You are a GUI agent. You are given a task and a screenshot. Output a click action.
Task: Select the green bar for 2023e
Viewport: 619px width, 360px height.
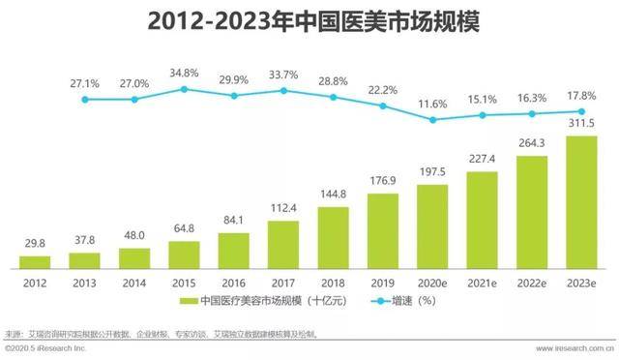pyautogui.click(x=580, y=202)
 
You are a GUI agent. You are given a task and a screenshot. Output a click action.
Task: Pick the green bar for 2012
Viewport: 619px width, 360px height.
pyautogui.click(x=35, y=261)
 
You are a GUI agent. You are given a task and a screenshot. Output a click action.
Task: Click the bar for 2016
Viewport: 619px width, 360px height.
pyautogui.click(x=233, y=250)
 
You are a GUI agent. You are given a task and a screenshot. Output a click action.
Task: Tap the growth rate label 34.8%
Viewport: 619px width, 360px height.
pyautogui.click(x=184, y=74)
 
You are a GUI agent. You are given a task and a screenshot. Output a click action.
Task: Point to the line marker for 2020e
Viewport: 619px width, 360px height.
pyautogui.click(x=432, y=120)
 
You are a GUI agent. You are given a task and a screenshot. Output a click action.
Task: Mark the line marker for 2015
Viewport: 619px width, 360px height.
pyautogui.click(x=184, y=90)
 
